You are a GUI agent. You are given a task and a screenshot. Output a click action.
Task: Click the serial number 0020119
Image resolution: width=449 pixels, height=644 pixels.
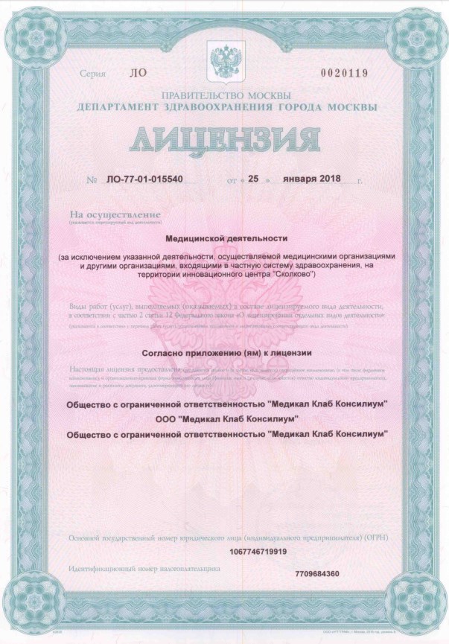(x=348, y=73)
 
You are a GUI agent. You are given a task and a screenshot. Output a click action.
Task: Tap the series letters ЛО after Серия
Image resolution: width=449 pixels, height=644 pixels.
(x=138, y=74)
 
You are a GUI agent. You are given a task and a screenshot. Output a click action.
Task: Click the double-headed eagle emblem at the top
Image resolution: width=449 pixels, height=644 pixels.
(x=224, y=58)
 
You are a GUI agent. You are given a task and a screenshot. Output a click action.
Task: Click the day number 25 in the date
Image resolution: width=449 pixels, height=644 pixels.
(x=253, y=181)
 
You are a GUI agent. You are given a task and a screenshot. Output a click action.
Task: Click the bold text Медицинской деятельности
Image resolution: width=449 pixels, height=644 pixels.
(x=225, y=239)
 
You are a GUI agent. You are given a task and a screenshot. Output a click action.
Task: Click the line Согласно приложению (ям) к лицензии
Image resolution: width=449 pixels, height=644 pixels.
(x=225, y=352)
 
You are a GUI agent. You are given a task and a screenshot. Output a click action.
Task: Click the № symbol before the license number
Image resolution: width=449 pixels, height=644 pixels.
(x=92, y=181)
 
